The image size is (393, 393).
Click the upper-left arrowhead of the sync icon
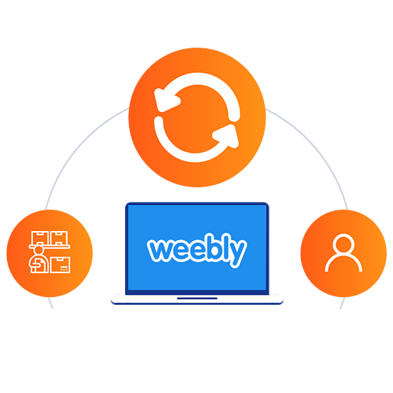pos(166,101)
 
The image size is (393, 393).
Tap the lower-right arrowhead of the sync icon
pos(227,136)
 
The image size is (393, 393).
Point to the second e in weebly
pos(200,250)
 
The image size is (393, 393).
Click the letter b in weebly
pos(217,248)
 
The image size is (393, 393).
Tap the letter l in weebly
pos(230,247)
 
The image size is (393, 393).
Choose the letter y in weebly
pos(239,253)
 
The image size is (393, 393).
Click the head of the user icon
pos(344,243)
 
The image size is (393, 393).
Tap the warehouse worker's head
pos(38,249)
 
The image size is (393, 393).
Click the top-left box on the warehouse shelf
pos(39,238)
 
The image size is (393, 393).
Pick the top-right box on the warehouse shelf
pos(59,238)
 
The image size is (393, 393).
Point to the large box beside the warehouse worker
pos(61,265)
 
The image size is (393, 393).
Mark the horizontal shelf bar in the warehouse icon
pos(49,246)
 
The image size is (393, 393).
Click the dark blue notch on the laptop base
pos(197,298)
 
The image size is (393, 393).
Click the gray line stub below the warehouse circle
pos(51,303)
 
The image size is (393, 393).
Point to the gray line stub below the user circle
pos(342,303)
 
